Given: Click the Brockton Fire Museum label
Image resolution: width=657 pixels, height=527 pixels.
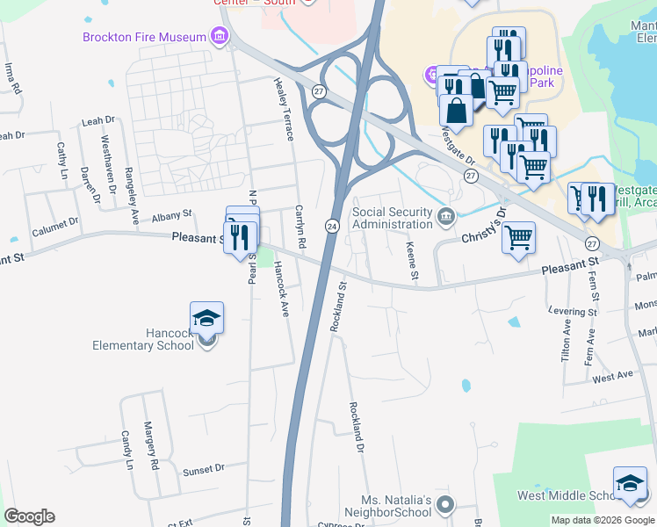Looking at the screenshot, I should pyautogui.click(x=145, y=37).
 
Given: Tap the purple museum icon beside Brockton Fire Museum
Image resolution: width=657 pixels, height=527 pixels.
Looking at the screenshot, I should pyautogui.click(x=219, y=37).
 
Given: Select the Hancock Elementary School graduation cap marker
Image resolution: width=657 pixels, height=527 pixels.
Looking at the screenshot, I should pyautogui.click(x=206, y=318).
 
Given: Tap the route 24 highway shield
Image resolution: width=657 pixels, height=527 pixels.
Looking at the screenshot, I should pyautogui.click(x=333, y=227).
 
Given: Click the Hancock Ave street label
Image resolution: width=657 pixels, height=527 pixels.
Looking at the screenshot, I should pyautogui.click(x=281, y=289).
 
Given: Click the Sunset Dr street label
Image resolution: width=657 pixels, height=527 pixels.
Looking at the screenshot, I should pyautogui.click(x=204, y=471).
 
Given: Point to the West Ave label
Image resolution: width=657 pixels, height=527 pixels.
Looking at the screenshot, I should pyautogui.click(x=612, y=377).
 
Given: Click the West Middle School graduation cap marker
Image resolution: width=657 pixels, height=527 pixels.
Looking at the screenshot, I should pyautogui.click(x=629, y=483).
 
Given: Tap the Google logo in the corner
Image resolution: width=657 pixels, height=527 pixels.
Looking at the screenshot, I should pyautogui.click(x=29, y=516).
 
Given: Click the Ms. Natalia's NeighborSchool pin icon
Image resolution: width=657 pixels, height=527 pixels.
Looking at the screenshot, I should pyautogui.click(x=445, y=504).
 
